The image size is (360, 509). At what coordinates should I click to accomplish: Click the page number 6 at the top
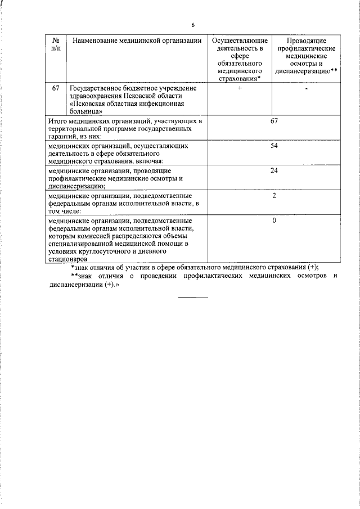192,25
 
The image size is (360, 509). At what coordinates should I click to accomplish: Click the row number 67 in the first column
56,89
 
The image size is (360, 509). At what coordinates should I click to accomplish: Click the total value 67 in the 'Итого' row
274,121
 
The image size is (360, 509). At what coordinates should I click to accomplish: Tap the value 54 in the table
274,146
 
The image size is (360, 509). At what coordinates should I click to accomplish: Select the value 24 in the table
274,170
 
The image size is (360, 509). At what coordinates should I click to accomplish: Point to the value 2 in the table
274,195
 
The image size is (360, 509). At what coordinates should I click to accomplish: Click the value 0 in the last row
274,220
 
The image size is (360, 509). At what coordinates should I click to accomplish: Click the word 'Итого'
57,121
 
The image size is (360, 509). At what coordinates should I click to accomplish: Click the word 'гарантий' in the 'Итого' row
63,137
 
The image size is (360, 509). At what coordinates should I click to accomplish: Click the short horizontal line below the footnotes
193,297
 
